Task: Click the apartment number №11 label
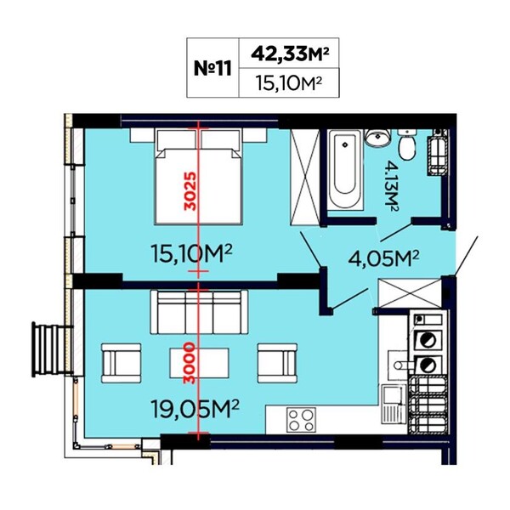tap(212, 69)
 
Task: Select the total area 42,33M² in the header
tap(289, 54)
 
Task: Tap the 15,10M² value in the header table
tap(288, 83)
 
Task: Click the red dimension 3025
tap(190, 191)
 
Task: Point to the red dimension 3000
tap(190, 363)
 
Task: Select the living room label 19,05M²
tap(195, 410)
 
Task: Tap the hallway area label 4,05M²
tap(383, 258)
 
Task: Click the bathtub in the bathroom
tap(345, 169)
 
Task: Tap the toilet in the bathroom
tap(407, 144)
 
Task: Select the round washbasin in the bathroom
tap(377, 137)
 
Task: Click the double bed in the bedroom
tap(199, 177)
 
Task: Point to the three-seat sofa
tap(199, 312)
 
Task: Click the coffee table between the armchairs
tap(199, 363)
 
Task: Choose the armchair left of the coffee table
tap(122, 363)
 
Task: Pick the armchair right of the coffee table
tap(277, 363)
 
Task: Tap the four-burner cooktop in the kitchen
tap(301, 420)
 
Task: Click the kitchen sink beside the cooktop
tap(394, 404)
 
